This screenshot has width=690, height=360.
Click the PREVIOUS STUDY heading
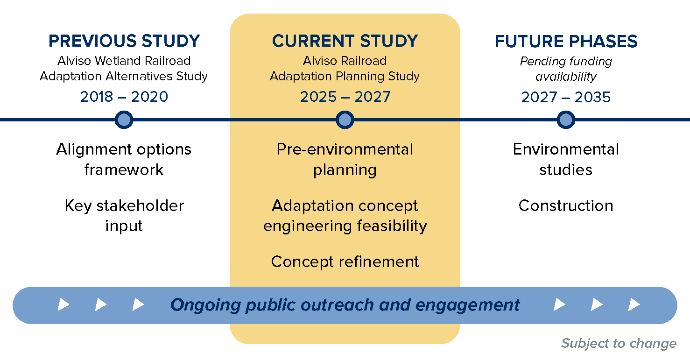coord(124,41)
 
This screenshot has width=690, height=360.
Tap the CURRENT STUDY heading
coord(345,41)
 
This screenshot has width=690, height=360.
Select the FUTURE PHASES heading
coord(566,42)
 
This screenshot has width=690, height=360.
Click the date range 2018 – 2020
coord(124,97)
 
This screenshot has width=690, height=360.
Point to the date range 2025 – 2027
coord(345,97)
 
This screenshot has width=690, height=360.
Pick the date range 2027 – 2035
coord(566,97)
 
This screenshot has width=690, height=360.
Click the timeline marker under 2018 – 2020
coord(124,120)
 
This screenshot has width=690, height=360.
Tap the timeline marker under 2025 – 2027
coord(345,120)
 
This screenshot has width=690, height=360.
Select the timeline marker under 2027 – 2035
coord(566,120)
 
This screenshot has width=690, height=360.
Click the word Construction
coord(566,206)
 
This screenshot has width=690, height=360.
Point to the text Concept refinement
coord(345,262)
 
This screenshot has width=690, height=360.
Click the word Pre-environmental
coord(345,149)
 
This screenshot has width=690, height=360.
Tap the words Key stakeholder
coord(124,206)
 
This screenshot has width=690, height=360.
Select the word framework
coord(124,169)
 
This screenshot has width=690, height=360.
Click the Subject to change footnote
coord(619,344)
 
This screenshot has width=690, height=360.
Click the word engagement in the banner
coord(467,305)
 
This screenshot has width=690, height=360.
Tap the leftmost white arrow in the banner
coord(63,305)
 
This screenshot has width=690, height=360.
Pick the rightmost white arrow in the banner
coord(634,305)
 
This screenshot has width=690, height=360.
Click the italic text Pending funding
coord(566,61)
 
